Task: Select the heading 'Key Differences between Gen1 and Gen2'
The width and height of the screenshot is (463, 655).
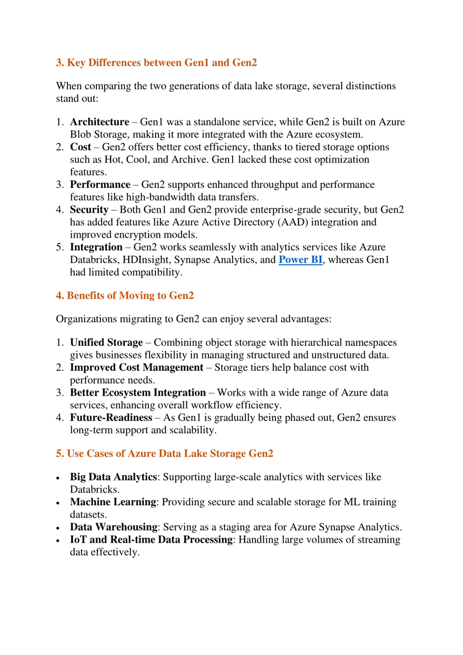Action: (x=156, y=62)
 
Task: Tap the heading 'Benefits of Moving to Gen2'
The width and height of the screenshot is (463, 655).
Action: (x=125, y=296)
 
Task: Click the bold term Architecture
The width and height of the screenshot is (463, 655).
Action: (x=99, y=122)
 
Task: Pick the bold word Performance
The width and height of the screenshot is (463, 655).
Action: (x=100, y=185)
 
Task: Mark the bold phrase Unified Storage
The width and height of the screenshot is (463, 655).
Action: (x=106, y=342)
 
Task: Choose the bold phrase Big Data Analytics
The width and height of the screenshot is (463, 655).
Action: (x=113, y=477)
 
